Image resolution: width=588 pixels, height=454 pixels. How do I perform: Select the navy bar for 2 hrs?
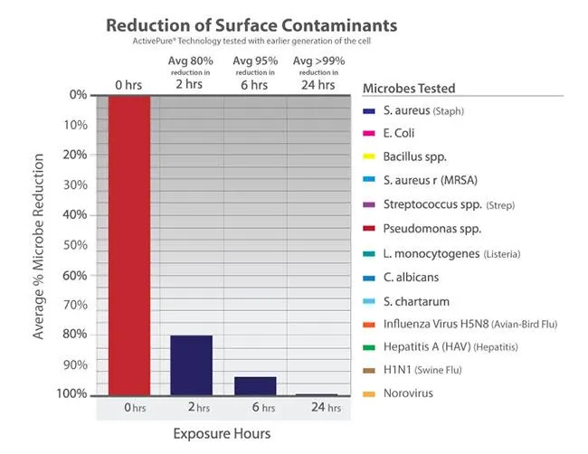click(x=192, y=365)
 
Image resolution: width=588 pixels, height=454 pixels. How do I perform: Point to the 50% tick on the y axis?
click(x=76, y=245)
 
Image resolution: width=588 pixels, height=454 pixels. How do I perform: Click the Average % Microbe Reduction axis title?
click(x=41, y=244)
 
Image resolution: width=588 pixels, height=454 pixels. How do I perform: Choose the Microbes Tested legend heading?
click(x=409, y=89)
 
